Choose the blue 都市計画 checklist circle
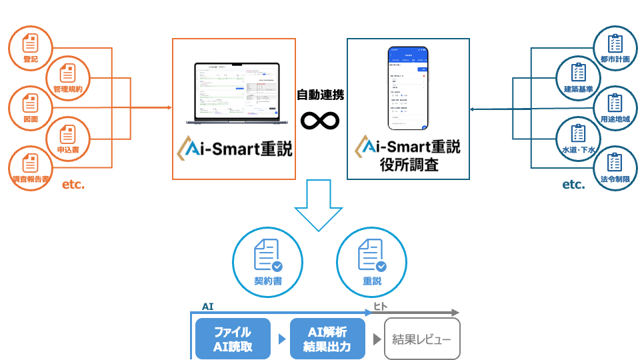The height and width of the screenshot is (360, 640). click(615, 47)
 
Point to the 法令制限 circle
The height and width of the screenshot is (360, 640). click(615, 168)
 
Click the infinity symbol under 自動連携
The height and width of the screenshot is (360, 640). click(320, 120)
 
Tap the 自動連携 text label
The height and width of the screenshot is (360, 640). click(320, 95)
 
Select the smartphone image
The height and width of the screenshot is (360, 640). click(408, 88)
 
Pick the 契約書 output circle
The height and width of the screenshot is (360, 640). click(267, 262)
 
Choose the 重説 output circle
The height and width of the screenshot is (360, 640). click(372, 262)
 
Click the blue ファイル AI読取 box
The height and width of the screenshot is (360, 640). click(233, 339)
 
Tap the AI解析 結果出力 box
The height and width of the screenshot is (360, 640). click(328, 339)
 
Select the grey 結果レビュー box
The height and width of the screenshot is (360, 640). click(422, 339)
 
